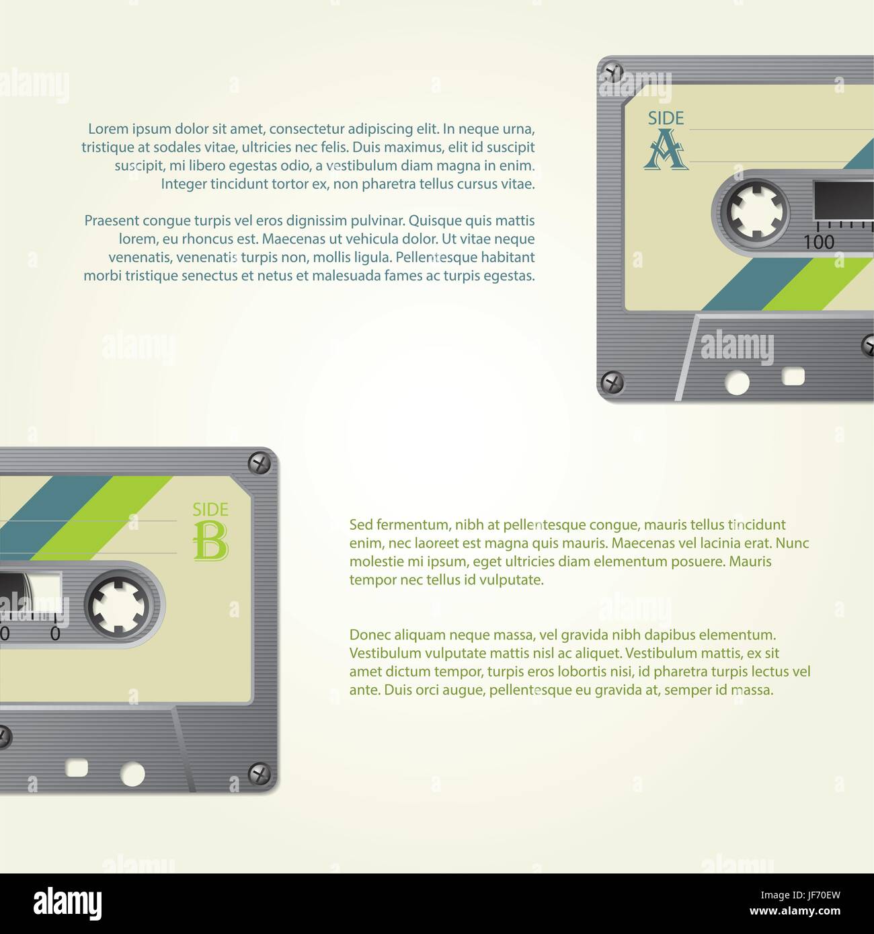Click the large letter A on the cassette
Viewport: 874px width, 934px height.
pyautogui.click(x=666, y=149)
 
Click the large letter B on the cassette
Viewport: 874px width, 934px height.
pyautogui.click(x=210, y=541)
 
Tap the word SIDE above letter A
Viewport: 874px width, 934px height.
pyautogui.click(x=666, y=118)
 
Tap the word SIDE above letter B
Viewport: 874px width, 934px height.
pyautogui.click(x=210, y=510)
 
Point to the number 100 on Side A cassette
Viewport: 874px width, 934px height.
pyautogui.click(x=819, y=242)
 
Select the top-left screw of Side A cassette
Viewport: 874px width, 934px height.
pyautogui.click(x=612, y=71)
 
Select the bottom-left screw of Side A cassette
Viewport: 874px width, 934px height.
pyautogui.click(x=612, y=383)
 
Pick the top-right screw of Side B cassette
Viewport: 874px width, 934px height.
pyautogui.click(x=260, y=463)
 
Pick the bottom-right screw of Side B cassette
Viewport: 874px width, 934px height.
pyautogui.click(x=260, y=774)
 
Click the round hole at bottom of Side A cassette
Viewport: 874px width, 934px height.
pyautogui.click(x=737, y=383)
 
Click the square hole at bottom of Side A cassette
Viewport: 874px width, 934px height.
pyautogui.click(x=793, y=376)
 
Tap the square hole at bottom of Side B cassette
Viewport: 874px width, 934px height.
pyautogui.click(x=77, y=767)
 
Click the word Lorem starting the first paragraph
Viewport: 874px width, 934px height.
pyautogui.click(x=108, y=129)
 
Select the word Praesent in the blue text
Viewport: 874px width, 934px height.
pyautogui.click(x=112, y=221)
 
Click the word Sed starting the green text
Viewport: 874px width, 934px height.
pyautogui.click(x=361, y=525)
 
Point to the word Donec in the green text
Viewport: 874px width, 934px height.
pyautogui.click(x=370, y=635)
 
